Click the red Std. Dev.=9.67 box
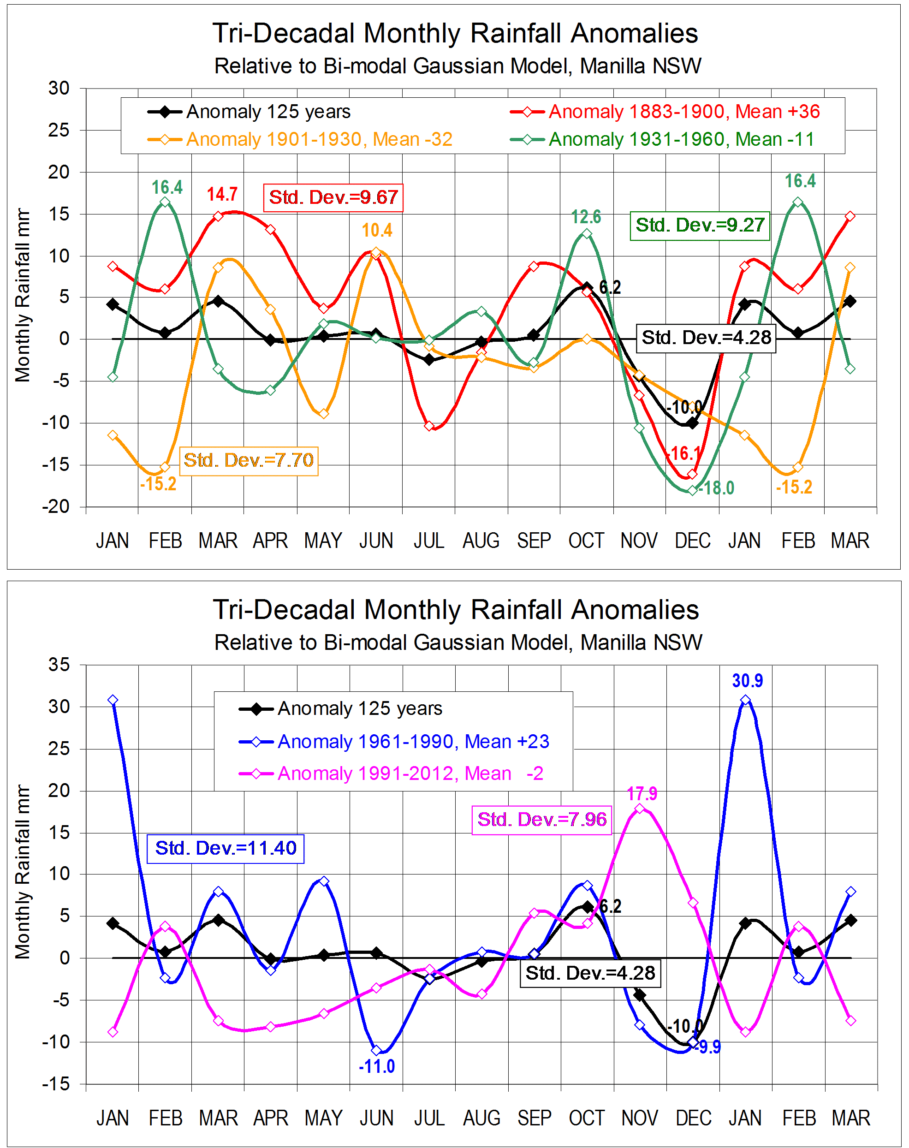point(333,197)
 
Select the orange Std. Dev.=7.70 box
point(249,460)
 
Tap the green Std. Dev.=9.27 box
point(700,225)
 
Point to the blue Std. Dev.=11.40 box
point(225,848)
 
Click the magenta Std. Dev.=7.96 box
point(542,820)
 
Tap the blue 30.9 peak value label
point(747,681)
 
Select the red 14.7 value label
point(222,194)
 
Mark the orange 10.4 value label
point(377,231)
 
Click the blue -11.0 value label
point(377,1066)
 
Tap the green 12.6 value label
point(586,217)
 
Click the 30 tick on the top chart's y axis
point(59,89)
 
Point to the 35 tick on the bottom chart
point(59,665)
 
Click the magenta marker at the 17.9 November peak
point(640,809)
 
